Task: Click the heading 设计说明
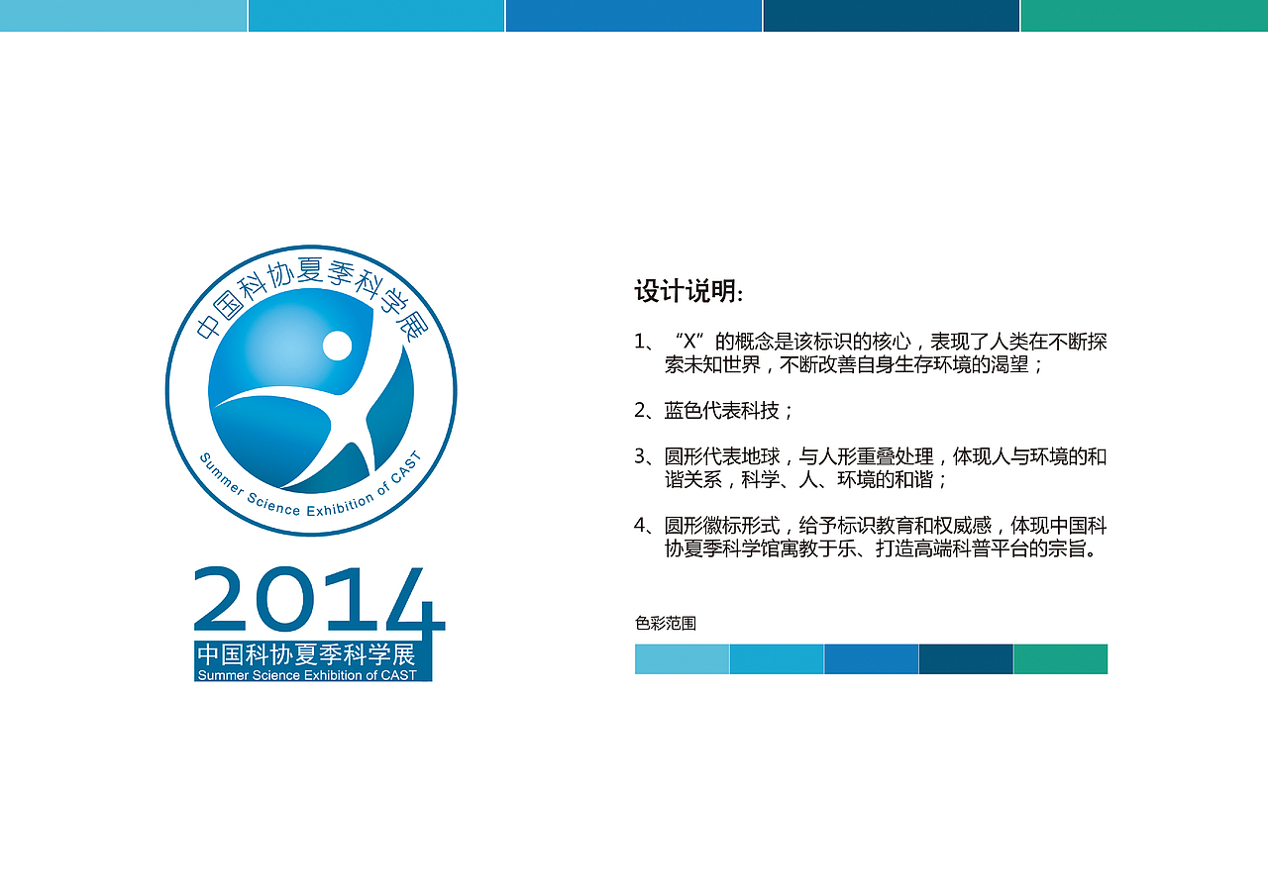pyautogui.click(x=688, y=292)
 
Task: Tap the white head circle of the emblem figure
pyautogui.click(x=337, y=346)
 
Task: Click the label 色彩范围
pyautogui.click(x=666, y=624)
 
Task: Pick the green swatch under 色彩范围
pyautogui.click(x=1060, y=659)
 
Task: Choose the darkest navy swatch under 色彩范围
pyautogui.click(x=966, y=659)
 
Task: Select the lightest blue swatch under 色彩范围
pyautogui.click(x=682, y=659)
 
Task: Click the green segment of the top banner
pyautogui.click(x=1144, y=16)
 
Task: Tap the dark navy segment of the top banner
pyautogui.click(x=891, y=16)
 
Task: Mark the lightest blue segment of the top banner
pyautogui.click(x=123, y=16)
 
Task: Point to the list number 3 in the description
pyautogui.click(x=640, y=456)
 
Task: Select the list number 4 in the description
pyautogui.click(x=640, y=526)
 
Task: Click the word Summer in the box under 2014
pyautogui.click(x=220, y=675)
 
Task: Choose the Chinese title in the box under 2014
pyautogui.click(x=305, y=655)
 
